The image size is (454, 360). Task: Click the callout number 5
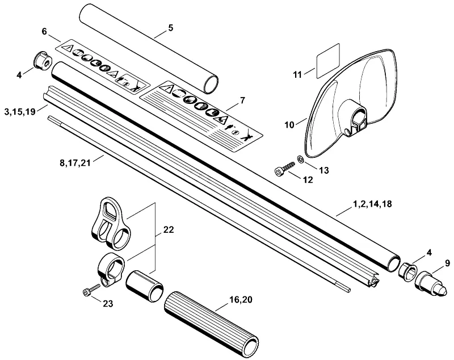point(170,28)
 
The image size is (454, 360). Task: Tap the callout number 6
point(44,31)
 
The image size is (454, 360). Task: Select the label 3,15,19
point(20,111)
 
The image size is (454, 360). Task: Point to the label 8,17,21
point(75,163)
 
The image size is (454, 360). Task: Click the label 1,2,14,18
point(372,204)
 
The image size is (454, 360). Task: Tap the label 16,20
point(241,300)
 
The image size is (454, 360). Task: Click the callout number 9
point(448,263)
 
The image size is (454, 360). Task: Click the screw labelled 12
point(284,169)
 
